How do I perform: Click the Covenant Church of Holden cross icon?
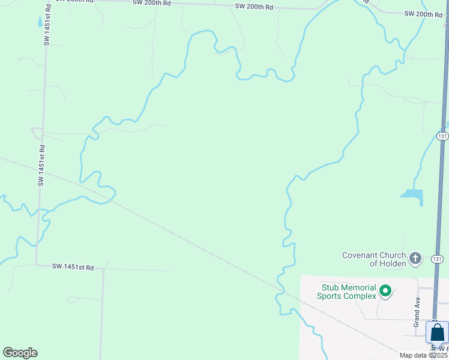click(415, 259)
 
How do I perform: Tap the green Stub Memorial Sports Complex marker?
click(385, 292)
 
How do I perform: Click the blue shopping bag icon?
click(437, 332)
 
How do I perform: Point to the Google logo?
click(20, 353)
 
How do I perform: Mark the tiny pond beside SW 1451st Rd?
click(40, 22)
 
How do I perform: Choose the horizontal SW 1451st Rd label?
click(73, 266)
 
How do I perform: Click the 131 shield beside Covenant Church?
click(438, 259)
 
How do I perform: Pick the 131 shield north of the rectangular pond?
click(442, 136)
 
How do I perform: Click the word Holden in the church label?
click(393, 263)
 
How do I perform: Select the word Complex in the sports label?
click(359, 296)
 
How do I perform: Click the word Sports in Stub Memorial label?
click(330, 296)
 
